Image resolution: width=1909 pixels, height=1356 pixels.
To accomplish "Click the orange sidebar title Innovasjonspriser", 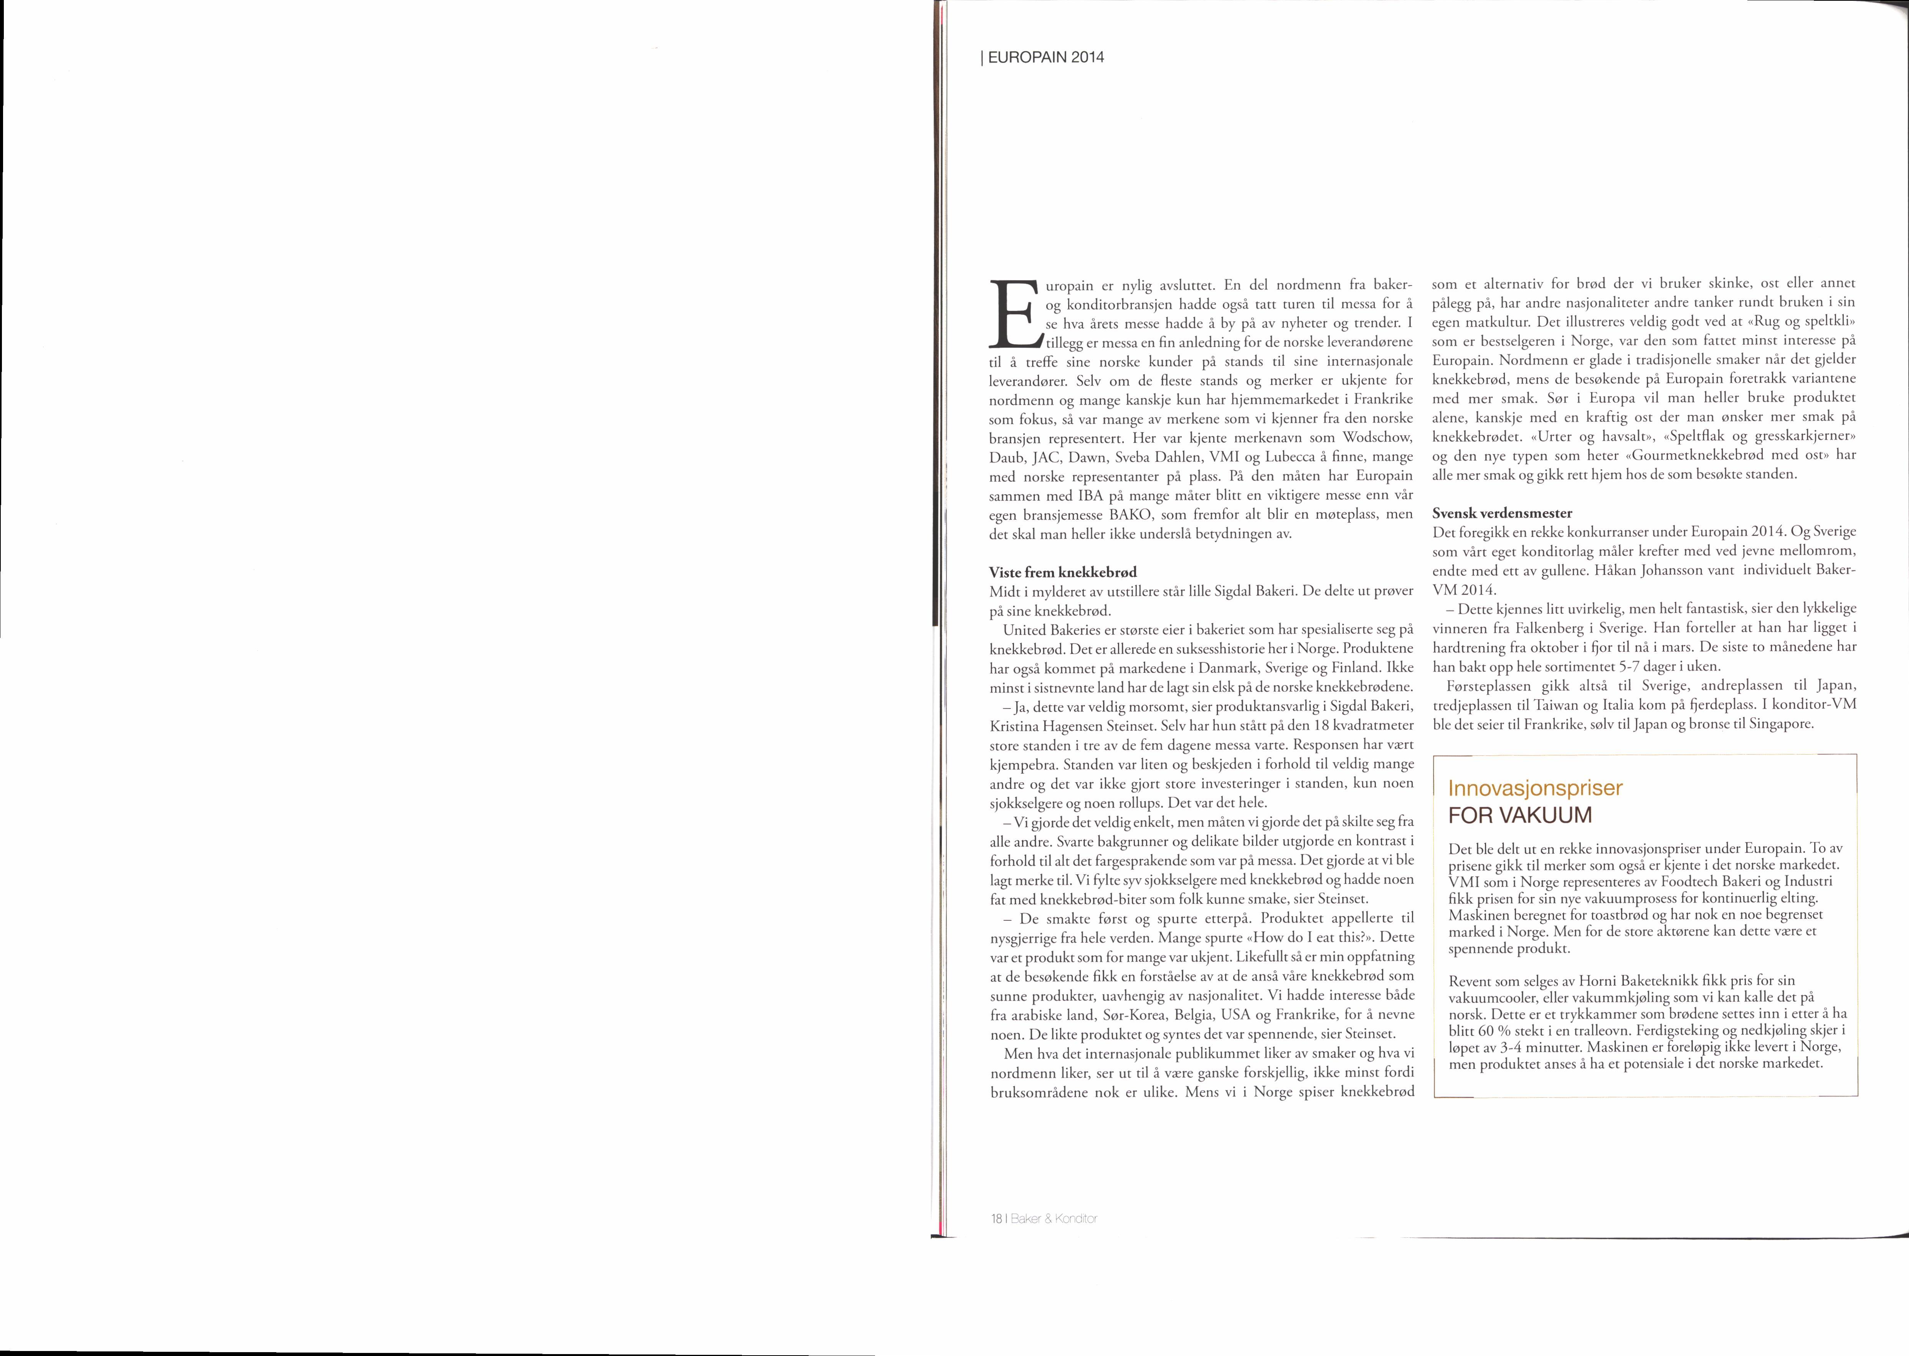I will (1535, 787).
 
